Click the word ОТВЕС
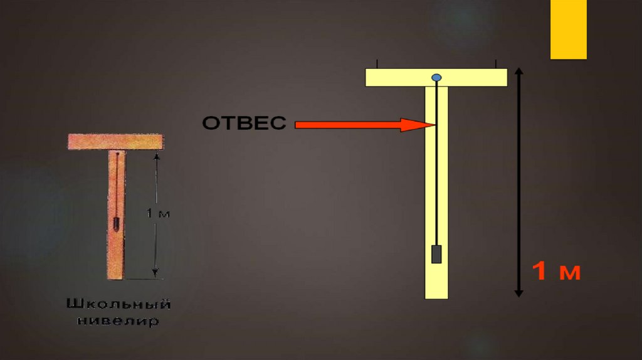[x=244, y=123]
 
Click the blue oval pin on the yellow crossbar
[x=436, y=78]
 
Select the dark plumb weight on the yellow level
[x=437, y=254]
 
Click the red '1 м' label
[x=557, y=272]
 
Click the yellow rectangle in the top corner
[x=568, y=29]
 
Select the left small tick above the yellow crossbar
[x=377, y=64]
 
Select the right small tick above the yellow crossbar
[x=496, y=64]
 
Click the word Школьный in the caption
[x=118, y=305]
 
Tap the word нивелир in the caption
[x=118, y=322]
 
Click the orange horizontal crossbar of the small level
[x=116, y=142]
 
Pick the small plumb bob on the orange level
[x=116, y=223]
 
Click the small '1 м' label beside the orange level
[x=158, y=214]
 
